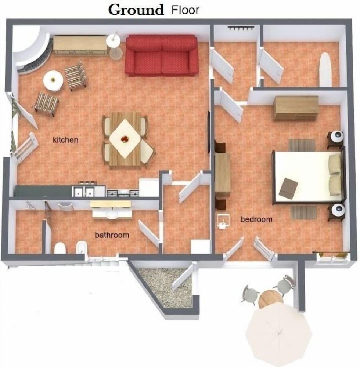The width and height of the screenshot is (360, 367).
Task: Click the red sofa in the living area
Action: pos(162,55)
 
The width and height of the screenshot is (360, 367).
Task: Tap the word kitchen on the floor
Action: pos(66,140)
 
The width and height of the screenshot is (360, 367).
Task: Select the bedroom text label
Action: pos(256,219)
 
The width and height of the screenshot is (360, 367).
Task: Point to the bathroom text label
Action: pos(112,235)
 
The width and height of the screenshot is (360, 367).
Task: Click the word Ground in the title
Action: pos(136,10)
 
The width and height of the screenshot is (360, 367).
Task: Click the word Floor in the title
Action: pos(185,10)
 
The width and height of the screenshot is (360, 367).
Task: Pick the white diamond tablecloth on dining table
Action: pos(125,138)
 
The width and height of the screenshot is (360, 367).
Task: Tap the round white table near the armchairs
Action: pos(53,81)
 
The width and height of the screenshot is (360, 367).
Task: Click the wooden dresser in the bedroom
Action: pos(296,108)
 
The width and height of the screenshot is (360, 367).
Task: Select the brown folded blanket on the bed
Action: pos(289,188)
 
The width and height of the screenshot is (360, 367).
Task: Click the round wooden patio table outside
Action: pos(271,299)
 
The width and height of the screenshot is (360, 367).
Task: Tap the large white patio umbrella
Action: pos(278,333)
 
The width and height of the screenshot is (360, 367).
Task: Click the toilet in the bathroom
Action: pos(60,248)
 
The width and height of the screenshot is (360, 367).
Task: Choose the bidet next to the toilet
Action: pos(82,248)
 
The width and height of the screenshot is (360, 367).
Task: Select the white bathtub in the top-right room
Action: pos(325,69)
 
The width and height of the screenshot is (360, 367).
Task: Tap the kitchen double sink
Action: pos(83,192)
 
